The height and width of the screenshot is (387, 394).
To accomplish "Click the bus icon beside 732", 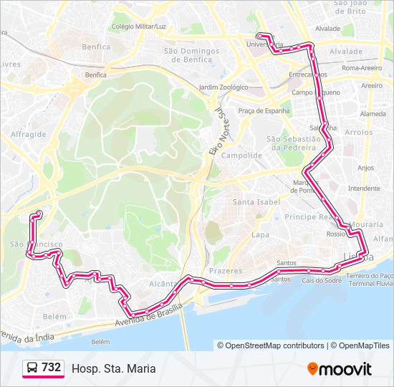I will (x=32, y=368).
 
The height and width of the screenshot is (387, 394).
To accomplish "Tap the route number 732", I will (x=51, y=368).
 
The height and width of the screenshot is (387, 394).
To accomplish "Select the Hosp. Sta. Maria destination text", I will (x=113, y=368).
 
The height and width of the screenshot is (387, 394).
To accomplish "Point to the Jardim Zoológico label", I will (x=223, y=87).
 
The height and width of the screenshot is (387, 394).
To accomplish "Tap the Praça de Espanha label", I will (x=264, y=110).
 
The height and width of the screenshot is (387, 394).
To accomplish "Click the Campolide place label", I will (x=241, y=155).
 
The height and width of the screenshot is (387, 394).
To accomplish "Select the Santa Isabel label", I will (x=256, y=202).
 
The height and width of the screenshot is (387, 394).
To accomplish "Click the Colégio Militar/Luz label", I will (x=139, y=27).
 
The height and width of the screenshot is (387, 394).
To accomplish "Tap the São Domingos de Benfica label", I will (x=191, y=55).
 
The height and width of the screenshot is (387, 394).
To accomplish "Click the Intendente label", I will (x=363, y=188).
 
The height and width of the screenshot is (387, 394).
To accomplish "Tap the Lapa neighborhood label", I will (x=259, y=234).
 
